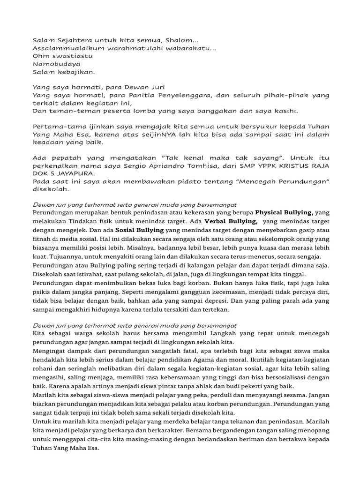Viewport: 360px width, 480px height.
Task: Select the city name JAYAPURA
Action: pyautogui.click(x=77, y=174)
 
